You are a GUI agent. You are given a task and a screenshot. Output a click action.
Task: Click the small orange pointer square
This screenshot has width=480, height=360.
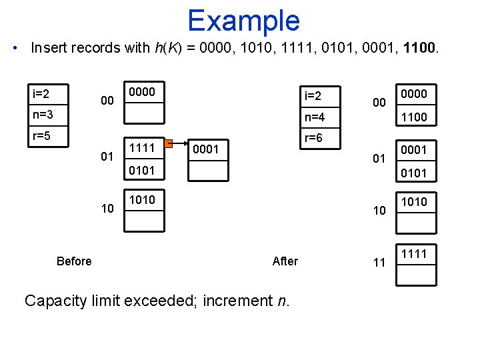pyautogui.click(x=169, y=142)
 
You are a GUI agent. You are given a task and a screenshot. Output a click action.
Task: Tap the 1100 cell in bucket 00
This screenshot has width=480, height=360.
pyautogui.click(x=416, y=117)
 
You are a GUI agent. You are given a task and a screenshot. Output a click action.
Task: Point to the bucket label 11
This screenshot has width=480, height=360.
pyautogui.click(x=379, y=263)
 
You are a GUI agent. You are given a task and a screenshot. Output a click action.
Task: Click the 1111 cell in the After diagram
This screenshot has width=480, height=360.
pyautogui.click(x=416, y=254)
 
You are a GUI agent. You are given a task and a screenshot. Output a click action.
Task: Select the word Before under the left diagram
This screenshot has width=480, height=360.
pyautogui.click(x=74, y=261)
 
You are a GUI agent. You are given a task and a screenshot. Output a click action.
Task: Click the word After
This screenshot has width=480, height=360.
pyautogui.click(x=285, y=261)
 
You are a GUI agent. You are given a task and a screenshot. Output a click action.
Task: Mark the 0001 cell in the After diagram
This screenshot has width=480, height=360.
pyautogui.click(x=416, y=150)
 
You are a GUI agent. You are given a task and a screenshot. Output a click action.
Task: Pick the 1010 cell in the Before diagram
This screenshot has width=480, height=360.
pyautogui.click(x=144, y=201)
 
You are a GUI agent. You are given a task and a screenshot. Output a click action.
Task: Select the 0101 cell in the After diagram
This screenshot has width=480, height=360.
pyautogui.click(x=416, y=173)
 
